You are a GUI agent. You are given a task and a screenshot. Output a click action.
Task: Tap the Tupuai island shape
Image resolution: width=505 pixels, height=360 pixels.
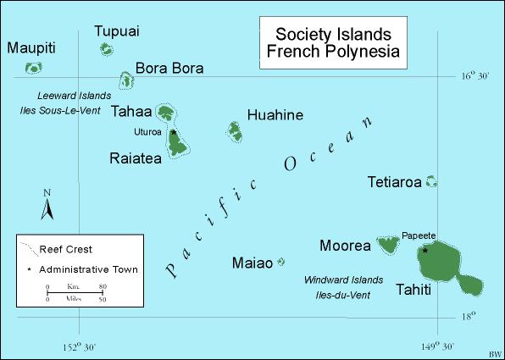[107, 50]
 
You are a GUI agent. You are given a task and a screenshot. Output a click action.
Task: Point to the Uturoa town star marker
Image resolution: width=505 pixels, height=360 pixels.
[173, 133]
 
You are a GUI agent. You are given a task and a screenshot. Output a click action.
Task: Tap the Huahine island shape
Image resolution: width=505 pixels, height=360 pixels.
[235, 130]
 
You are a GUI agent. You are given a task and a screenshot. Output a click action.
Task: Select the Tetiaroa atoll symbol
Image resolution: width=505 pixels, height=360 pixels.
[431, 180]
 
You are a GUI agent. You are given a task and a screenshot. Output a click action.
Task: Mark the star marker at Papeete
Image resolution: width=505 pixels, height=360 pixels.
[425, 250]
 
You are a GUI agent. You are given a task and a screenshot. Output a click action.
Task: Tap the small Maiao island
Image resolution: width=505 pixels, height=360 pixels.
[280, 263]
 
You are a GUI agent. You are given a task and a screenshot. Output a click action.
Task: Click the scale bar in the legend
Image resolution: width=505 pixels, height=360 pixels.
[75, 293]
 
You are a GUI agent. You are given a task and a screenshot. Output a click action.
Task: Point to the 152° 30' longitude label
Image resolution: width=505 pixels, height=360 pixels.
[80, 346]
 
